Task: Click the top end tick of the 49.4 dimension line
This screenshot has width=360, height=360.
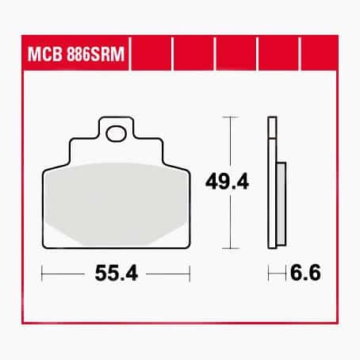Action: [x=230, y=117]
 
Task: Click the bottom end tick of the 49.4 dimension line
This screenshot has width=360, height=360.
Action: [x=230, y=247]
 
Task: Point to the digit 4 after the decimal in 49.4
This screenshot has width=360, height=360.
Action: [x=243, y=182]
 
